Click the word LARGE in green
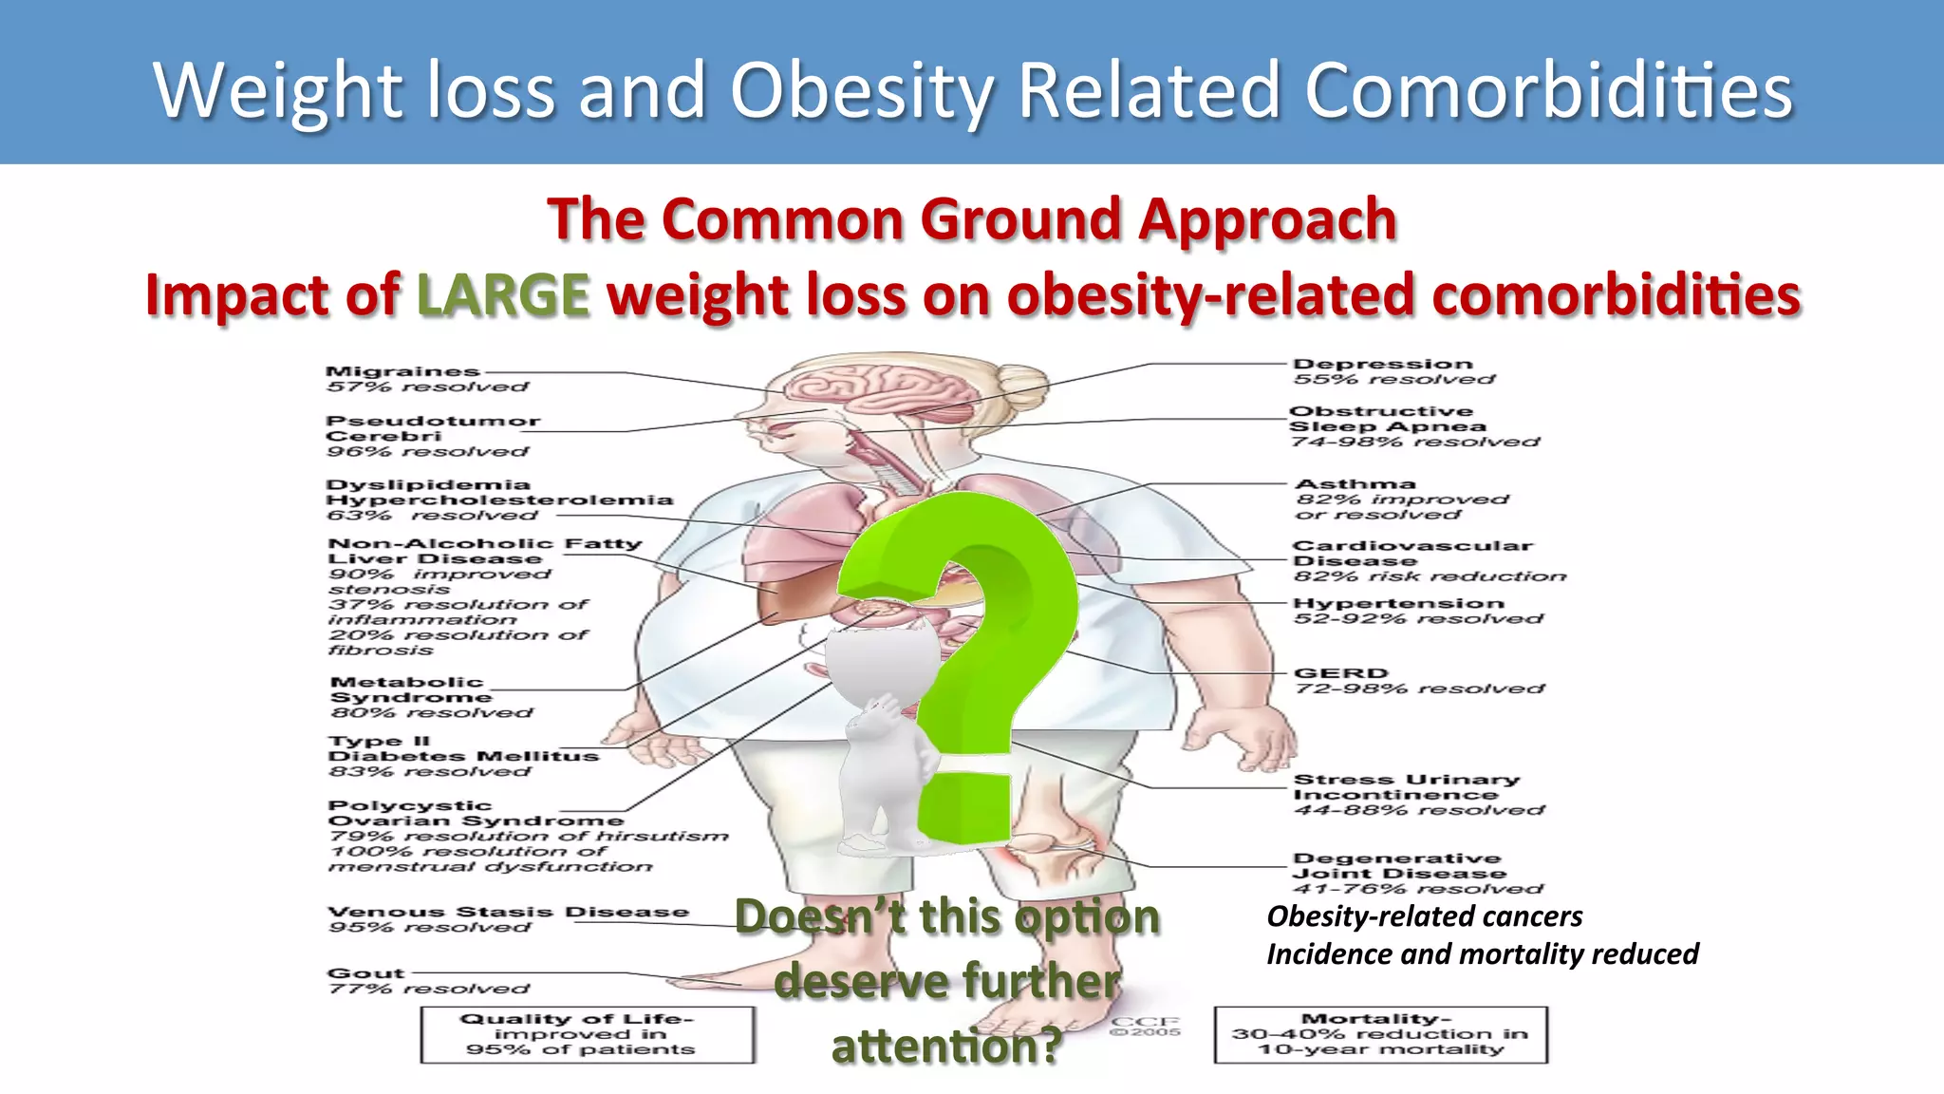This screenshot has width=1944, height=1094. (503, 294)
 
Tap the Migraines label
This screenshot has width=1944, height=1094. (402, 371)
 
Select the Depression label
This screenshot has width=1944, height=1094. (1382, 364)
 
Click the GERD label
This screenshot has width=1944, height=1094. (1340, 672)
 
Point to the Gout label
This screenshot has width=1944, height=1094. (365, 973)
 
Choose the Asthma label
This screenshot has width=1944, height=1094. (1355, 483)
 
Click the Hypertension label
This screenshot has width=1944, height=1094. (1398, 603)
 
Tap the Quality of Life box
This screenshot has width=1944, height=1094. (588, 1034)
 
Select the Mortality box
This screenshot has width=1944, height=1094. (1380, 1034)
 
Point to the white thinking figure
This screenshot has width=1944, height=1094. (883, 731)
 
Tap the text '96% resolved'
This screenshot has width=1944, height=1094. (426, 451)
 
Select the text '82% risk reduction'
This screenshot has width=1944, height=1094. (1430, 576)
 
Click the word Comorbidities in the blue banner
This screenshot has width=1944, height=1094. (1548, 90)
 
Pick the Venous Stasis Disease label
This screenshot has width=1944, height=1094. (508, 912)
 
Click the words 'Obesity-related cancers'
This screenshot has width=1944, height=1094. (1424, 916)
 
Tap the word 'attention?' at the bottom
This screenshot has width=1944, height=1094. (946, 1047)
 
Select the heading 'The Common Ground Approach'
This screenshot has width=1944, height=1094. (972, 219)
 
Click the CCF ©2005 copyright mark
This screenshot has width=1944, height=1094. (1146, 1027)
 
